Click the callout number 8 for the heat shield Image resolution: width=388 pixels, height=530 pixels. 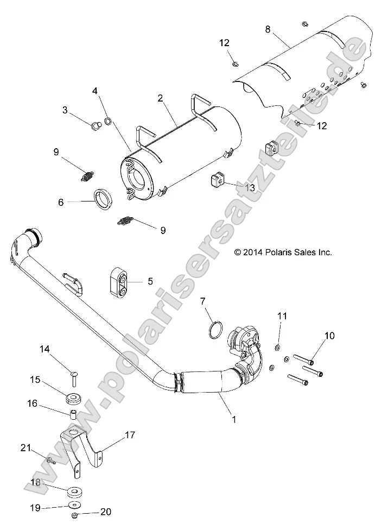[268, 30]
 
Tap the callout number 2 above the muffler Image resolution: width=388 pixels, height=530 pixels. [161, 98]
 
